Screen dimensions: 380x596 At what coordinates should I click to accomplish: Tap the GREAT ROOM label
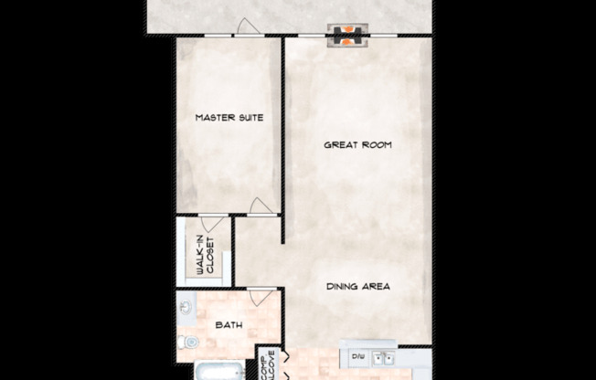[358, 144]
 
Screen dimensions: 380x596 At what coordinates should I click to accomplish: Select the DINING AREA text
[358, 287]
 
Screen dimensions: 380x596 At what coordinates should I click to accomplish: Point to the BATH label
[228, 324]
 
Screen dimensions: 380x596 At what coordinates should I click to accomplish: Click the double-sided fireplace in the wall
[347, 36]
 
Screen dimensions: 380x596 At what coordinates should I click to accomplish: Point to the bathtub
[218, 372]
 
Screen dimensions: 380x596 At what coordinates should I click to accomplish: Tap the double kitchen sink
[385, 357]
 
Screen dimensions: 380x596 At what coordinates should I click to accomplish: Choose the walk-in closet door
[209, 220]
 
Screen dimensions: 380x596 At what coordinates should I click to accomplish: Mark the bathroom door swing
[255, 298]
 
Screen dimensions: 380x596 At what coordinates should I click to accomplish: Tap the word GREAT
[342, 144]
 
